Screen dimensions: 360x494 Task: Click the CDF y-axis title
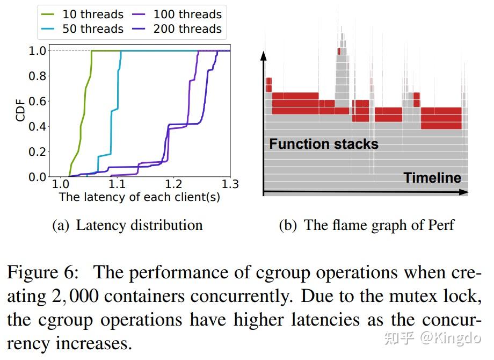coord(21,109)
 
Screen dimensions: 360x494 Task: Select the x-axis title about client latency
coord(140,197)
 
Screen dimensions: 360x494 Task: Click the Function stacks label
coord(323,144)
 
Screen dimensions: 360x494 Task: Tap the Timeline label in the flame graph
coord(432,178)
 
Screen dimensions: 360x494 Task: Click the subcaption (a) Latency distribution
coord(127,225)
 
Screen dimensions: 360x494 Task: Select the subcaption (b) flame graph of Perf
coord(367,225)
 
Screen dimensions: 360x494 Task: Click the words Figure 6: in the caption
coord(42,273)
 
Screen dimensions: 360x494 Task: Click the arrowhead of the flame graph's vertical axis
coord(263,56)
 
